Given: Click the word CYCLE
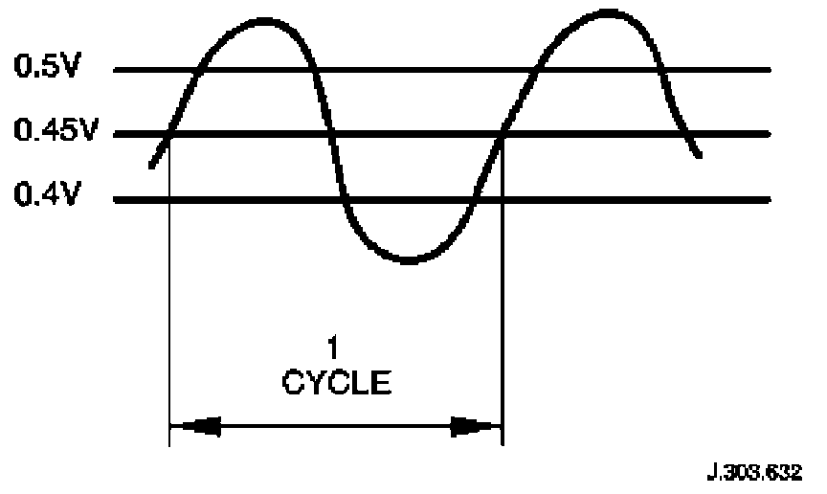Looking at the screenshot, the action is click(336, 384).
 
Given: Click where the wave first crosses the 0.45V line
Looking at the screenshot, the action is click(168, 134).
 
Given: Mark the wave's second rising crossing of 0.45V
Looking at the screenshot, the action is click(503, 134).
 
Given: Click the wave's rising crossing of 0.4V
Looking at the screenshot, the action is click(472, 200).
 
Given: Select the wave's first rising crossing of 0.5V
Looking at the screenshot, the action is click(197, 70).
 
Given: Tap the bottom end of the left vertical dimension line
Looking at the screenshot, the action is click(168, 445).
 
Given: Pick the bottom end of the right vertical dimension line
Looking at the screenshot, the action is click(503, 445).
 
